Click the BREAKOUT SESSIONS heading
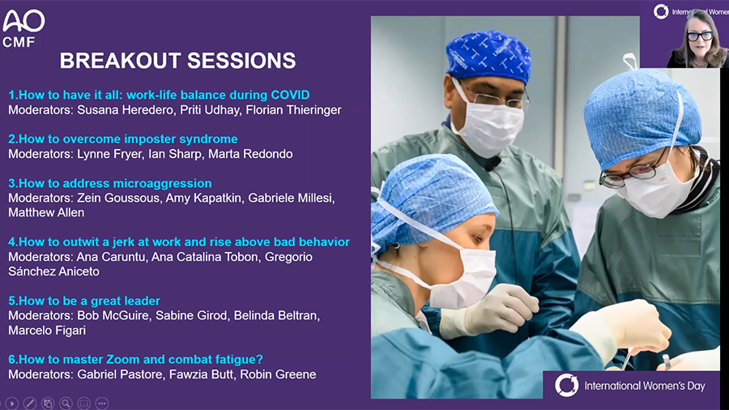(x=177, y=61)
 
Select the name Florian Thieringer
(x=293, y=109)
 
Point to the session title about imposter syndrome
(x=123, y=139)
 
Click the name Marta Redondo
(x=250, y=154)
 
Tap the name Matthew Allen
(x=46, y=212)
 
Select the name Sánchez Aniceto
(x=54, y=271)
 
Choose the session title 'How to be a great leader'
(x=84, y=301)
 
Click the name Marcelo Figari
(x=47, y=331)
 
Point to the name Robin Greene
(x=278, y=374)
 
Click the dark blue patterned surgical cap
(x=488, y=56)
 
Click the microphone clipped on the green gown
(x=492, y=163)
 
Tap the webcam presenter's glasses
(x=699, y=36)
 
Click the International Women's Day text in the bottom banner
(x=645, y=386)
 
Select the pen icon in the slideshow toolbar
(x=30, y=403)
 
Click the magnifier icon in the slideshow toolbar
(x=66, y=403)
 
